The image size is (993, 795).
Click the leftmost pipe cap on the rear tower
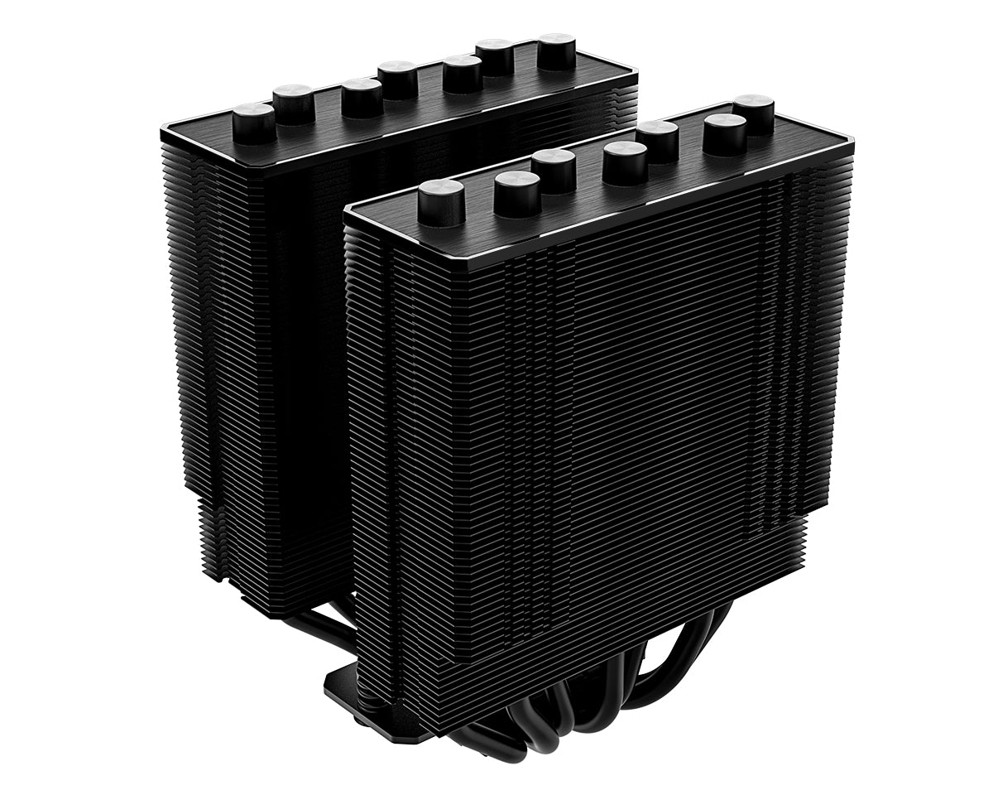click(252, 121)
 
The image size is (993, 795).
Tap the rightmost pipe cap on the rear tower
click(556, 50)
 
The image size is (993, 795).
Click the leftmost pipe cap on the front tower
click(440, 200)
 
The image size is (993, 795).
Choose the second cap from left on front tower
click(516, 191)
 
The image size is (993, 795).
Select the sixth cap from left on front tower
click(725, 132)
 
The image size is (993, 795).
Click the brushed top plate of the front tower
click(579, 207)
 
